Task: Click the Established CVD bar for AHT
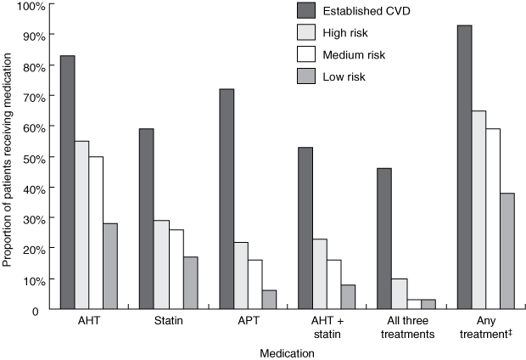click(67, 182)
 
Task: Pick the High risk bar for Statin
click(161, 264)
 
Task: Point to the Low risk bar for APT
click(270, 300)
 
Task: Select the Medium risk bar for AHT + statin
click(335, 284)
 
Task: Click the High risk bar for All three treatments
click(400, 294)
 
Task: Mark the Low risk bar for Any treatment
click(507, 250)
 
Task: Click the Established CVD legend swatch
click(305, 10)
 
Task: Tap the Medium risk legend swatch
click(305, 55)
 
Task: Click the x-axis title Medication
click(288, 352)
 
